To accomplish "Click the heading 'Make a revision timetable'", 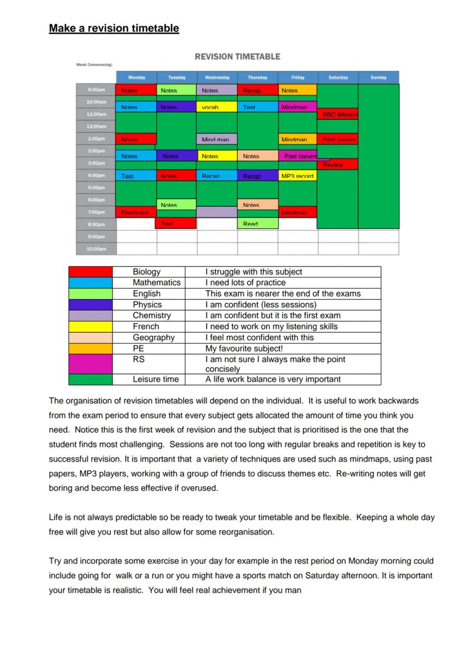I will (x=114, y=28).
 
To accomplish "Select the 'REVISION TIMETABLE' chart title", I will (x=237, y=56).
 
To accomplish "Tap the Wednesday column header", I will (x=217, y=78).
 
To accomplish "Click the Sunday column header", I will (x=379, y=78).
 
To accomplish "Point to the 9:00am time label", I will (x=96, y=90).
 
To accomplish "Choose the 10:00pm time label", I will (x=96, y=249).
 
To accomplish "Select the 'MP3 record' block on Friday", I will (x=298, y=176).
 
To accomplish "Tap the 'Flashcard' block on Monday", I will (x=136, y=212).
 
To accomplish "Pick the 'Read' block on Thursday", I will (x=257, y=223).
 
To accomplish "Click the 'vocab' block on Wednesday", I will (x=217, y=106).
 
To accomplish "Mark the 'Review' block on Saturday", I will (x=338, y=164).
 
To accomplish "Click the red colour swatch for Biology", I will (x=90, y=272).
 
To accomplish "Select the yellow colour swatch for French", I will (x=90, y=327).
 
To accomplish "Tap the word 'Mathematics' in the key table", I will (x=156, y=282).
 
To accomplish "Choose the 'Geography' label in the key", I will (x=153, y=337).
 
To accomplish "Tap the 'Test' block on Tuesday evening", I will (x=177, y=223).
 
